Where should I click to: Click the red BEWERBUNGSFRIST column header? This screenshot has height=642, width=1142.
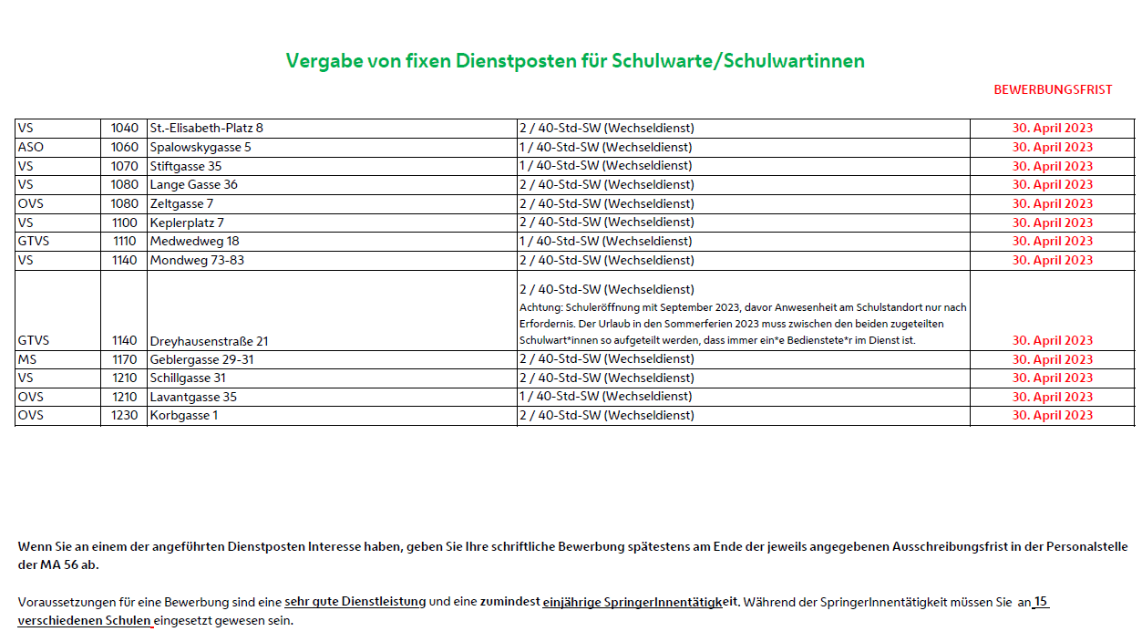pyautogui.click(x=1053, y=90)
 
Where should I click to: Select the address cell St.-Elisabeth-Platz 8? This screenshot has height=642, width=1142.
pyautogui.click(x=206, y=129)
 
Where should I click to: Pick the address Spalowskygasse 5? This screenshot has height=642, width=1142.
pyautogui.click(x=201, y=148)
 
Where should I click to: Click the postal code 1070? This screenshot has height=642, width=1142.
pyautogui.click(x=124, y=166)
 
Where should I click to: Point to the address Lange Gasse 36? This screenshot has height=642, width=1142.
pyautogui.click(x=194, y=185)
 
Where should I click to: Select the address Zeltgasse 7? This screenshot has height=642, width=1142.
pyautogui.click(x=181, y=203)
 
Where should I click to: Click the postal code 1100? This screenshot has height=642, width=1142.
pyautogui.click(x=124, y=223)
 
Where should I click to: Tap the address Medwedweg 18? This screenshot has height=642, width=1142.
pyautogui.click(x=194, y=242)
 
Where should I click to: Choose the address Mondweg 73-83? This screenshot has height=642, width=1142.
pyautogui.click(x=197, y=260)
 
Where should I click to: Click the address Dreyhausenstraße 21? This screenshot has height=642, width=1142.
pyautogui.click(x=209, y=341)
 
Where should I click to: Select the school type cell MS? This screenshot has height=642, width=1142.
pyautogui.click(x=27, y=359)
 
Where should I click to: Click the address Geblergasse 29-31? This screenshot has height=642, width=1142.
pyautogui.click(x=201, y=359)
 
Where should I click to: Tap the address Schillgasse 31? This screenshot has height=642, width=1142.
pyautogui.click(x=188, y=378)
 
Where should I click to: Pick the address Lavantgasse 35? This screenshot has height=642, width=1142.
pyautogui.click(x=193, y=397)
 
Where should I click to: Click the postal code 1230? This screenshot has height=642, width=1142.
pyautogui.click(x=124, y=415)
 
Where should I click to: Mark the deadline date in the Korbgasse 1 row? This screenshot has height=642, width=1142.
pyautogui.click(x=1052, y=415)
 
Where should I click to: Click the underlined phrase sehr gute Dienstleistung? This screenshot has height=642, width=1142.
pyautogui.click(x=355, y=602)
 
